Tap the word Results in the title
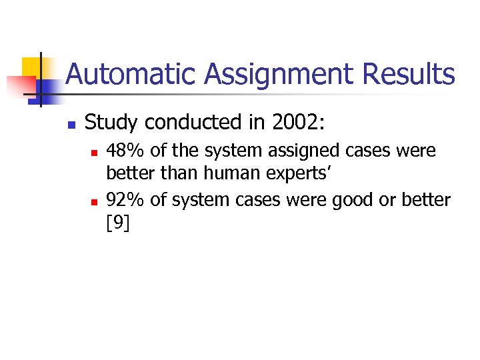[408, 75]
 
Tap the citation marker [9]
[118, 223]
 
